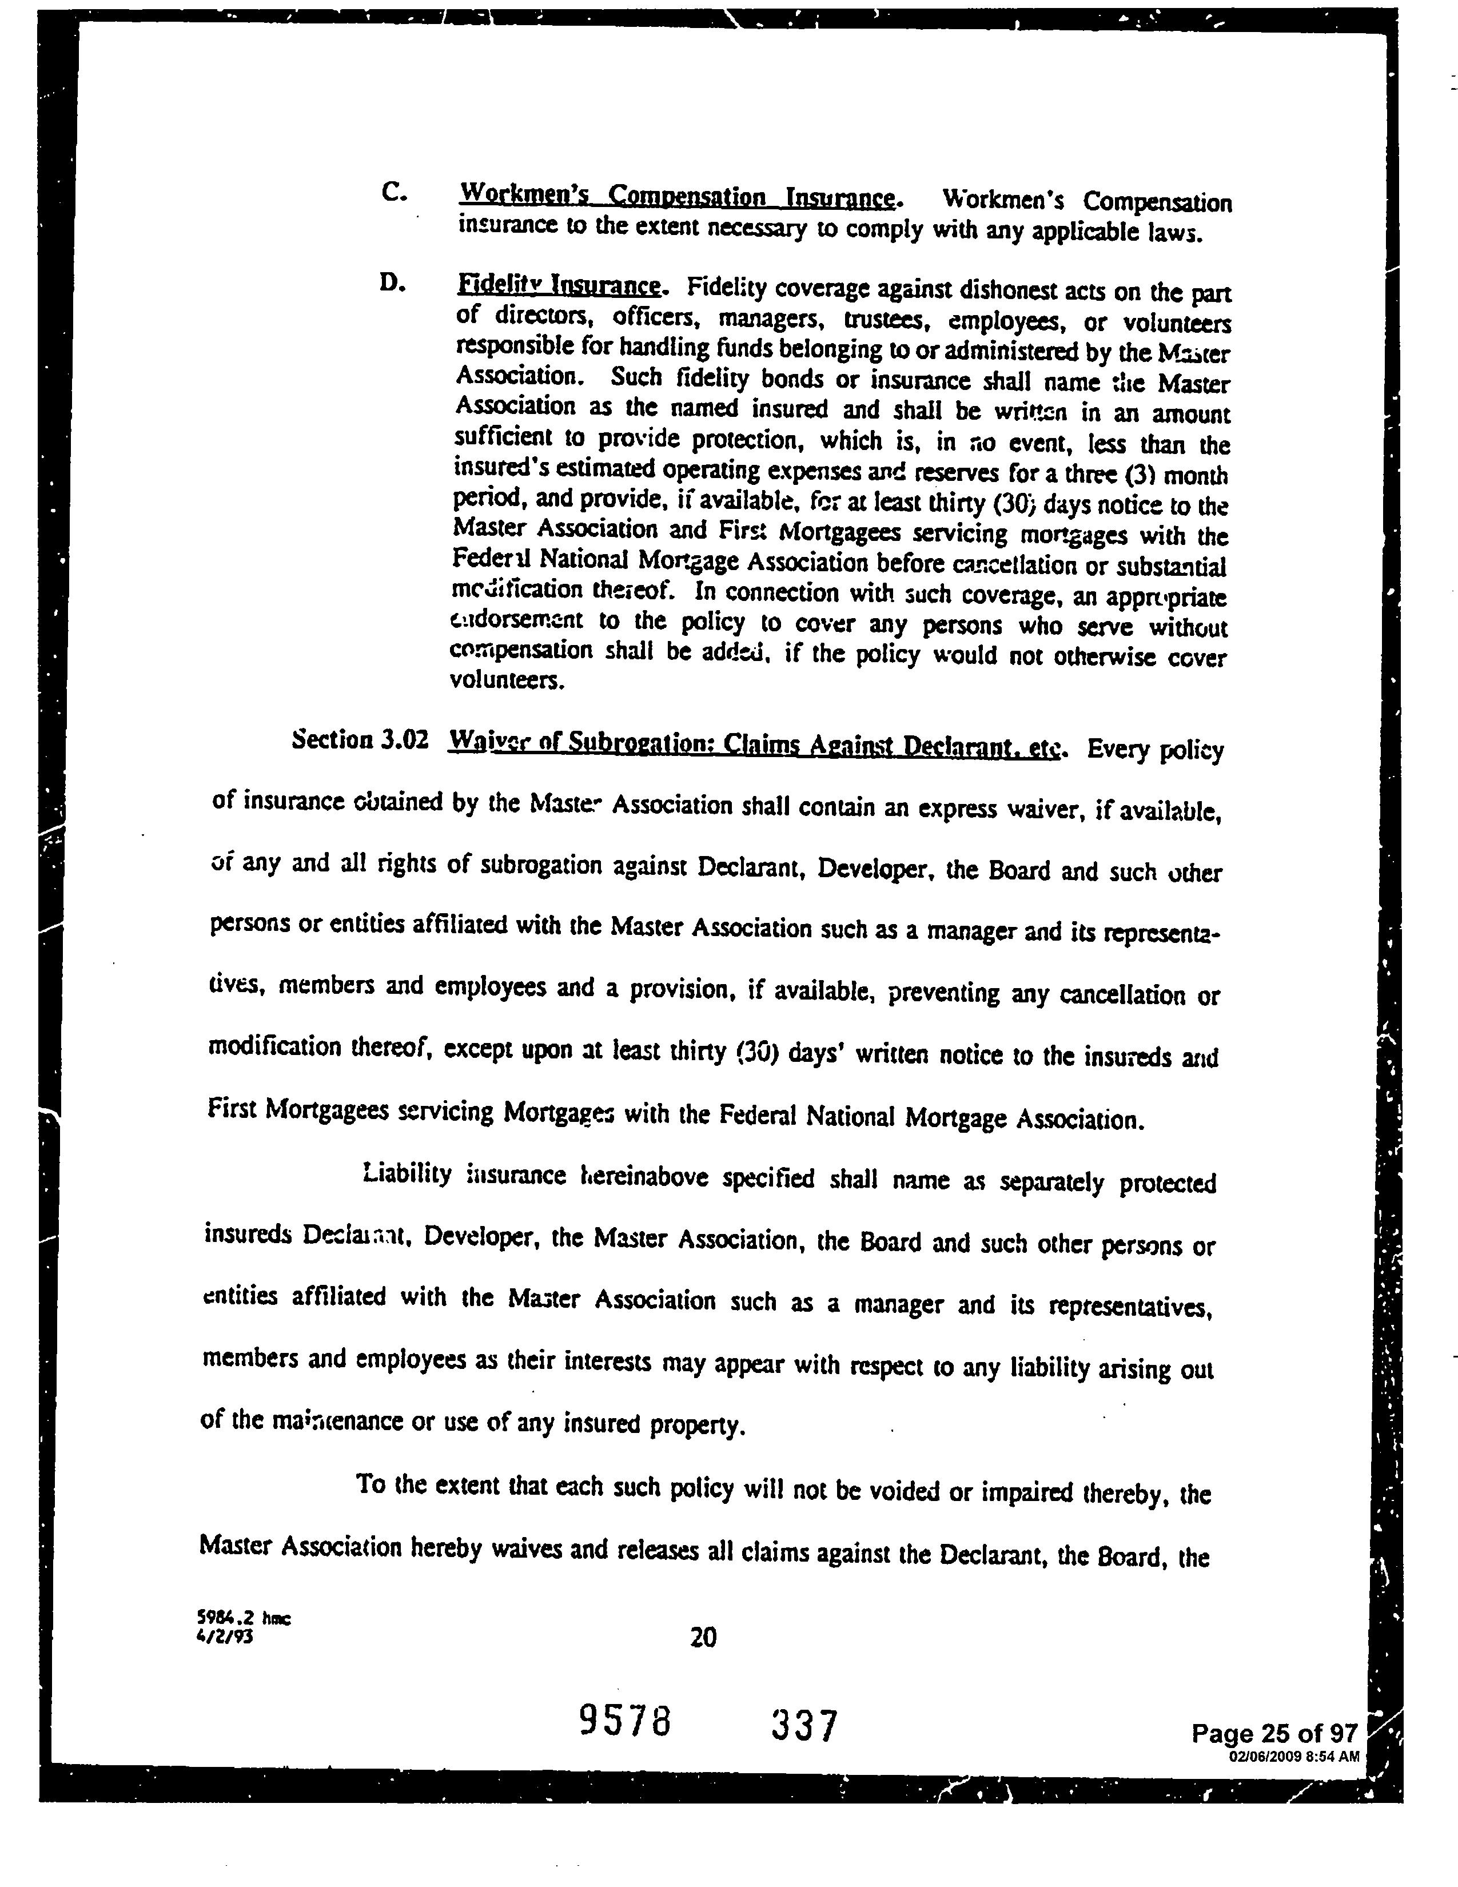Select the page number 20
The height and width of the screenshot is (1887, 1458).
(x=703, y=1637)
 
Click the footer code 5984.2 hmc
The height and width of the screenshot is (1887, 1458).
(x=244, y=1618)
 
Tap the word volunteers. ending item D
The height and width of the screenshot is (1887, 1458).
(x=507, y=681)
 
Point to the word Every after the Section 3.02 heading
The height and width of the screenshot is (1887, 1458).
(x=1118, y=749)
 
